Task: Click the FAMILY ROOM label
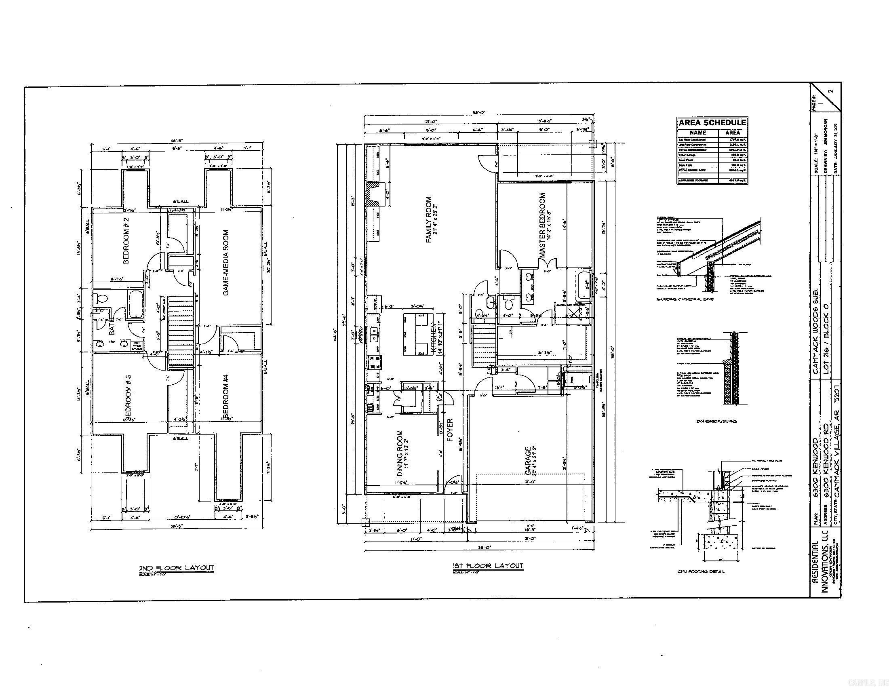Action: (x=429, y=220)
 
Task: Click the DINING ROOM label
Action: (x=400, y=453)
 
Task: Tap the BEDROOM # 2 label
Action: (x=126, y=240)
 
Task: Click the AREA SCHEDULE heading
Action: (x=712, y=122)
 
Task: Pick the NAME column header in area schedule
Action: (x=698, y=133)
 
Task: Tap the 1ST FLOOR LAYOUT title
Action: (x=488, y=566)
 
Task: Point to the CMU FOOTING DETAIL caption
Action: (x=701, y=571)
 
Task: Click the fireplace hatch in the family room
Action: (x=373, y=196)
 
